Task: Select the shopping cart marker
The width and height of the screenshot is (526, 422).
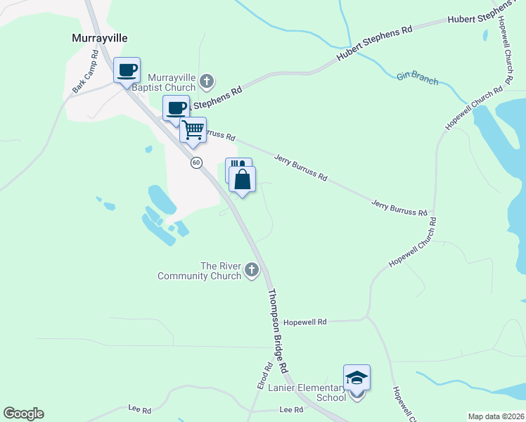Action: pyautogui.click(x=193, y=130)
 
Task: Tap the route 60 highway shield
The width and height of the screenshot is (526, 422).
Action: pyautogui.click(x=196, y=162)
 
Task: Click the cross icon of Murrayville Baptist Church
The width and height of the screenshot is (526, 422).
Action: pyautogui.click(x=207, y=82)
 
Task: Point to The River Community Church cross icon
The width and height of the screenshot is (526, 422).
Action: pyautogui.click(x=252, y=270)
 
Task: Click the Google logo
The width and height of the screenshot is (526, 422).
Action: pyautogui.click(x=23, y=414)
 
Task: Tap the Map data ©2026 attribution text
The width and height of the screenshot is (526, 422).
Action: pyautogui.click(x=496, y=416)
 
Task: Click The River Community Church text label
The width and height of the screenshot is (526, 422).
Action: pyautogui.click(x=200, y=271)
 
